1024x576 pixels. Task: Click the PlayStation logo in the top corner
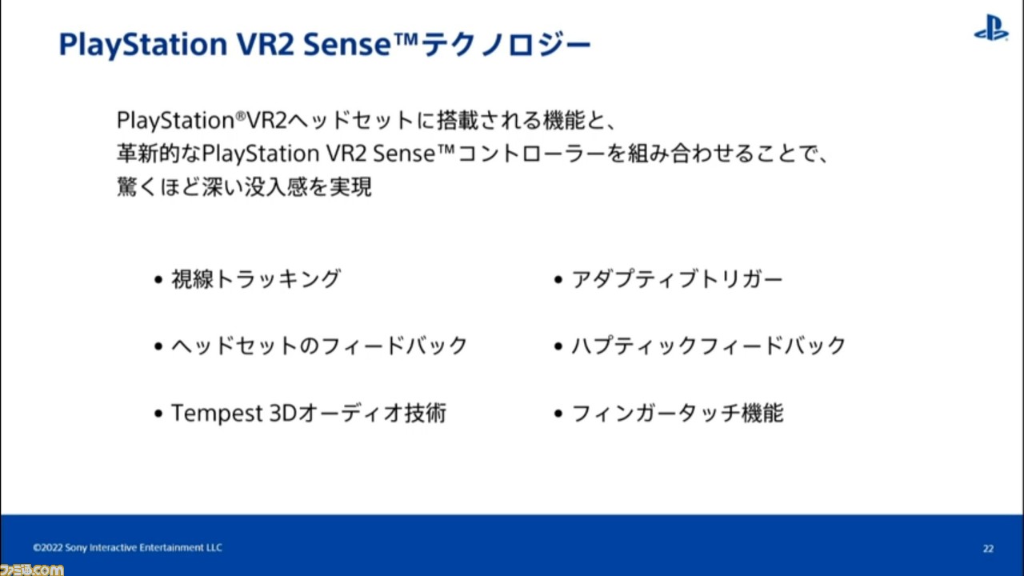click(x=991, y=27)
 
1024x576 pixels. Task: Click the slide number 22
click(x=988, y=548)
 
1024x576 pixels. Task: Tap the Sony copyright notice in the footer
click(x=127, y=547)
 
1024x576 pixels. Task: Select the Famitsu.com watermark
click(x=31, y=570)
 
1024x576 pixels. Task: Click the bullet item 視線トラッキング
click(x=256, y=279)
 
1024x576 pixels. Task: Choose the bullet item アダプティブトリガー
click(x=677, y=279)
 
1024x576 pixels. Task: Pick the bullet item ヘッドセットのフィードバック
click(x=319, y=346)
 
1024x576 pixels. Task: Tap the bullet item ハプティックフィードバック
click(x=709, y=346)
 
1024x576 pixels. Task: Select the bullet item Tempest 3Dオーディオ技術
click(x=309, y=414)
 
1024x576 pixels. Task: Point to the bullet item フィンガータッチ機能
click(x=678, y=414)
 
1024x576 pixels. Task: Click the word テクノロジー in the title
click(x=506, y=45)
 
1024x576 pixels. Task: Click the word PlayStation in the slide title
click(x=143, y=45)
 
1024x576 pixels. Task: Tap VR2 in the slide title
click(x=265, y=44)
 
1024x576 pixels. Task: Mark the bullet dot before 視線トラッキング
click(x=158, y=279)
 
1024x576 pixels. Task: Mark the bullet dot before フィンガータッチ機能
click(x=558, y=414)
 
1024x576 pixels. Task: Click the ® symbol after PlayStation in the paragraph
click(x=241, y=115)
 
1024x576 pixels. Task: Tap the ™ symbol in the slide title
click(x=406, y=38)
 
